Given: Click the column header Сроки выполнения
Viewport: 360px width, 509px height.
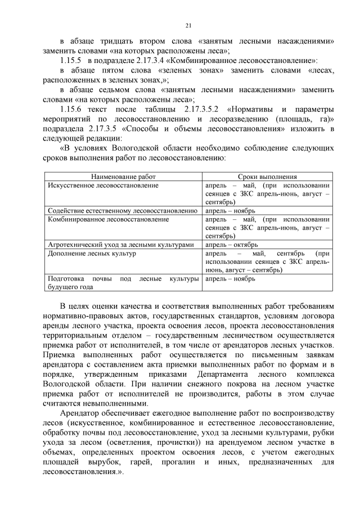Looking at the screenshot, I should (267, 176).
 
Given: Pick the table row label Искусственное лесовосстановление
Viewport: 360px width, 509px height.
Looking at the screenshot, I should (103, 184).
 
